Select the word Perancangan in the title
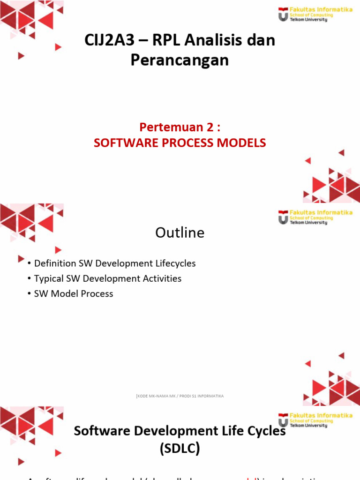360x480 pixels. click(180, 60)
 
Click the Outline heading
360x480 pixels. click(180, 233)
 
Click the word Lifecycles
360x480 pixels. click(174, 263)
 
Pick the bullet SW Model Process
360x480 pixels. click(74, 294)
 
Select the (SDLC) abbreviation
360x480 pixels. click(180, 450)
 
